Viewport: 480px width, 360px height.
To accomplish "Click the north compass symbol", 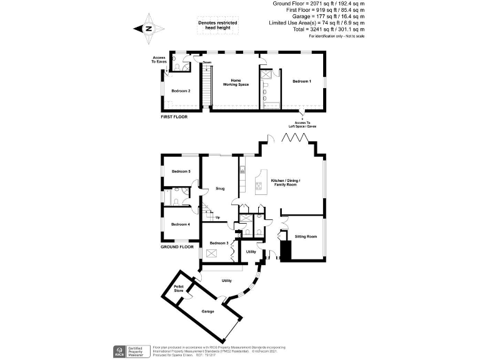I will coord(148,29).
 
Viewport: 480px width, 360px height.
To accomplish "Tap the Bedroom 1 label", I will coord(301,81).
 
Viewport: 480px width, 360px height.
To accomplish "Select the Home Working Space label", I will coord(236,82).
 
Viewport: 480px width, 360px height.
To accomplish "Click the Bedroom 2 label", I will coord(181,91).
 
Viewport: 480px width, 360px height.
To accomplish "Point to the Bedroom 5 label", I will coord(181,171).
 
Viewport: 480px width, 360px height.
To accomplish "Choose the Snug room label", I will coord(220,188).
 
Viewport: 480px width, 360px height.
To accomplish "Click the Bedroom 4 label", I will coord(181,224).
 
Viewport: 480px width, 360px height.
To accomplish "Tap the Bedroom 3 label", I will coord(218,243).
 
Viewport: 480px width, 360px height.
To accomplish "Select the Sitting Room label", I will coord(306,237).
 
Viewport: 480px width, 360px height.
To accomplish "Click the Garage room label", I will coord(207,311).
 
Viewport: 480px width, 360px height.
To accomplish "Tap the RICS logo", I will coord(117,351).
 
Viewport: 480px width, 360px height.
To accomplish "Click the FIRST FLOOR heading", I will coord(174,117).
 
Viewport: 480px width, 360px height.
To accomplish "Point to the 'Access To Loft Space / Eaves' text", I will coord(302,124).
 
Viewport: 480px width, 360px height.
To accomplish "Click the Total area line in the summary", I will coord(327,29).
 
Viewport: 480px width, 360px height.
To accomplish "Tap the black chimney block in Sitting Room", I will coord(286,250).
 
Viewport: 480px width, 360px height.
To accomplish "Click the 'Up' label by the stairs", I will coord(217,217).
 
